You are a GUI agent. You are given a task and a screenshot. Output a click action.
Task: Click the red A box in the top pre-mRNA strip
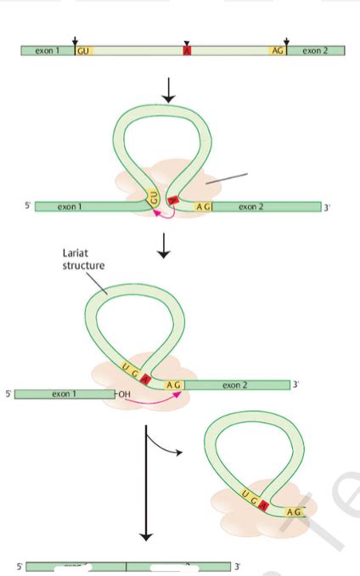188,51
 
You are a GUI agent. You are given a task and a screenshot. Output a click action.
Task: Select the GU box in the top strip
83,51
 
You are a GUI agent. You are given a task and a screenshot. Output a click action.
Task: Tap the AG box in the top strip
277,51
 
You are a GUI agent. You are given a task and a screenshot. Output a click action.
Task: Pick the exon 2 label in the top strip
313,51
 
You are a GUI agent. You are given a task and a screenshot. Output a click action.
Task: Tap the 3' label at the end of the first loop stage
327,207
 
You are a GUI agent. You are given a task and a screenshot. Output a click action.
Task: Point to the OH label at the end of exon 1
124,394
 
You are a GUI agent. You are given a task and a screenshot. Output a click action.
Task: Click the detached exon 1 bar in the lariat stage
63,394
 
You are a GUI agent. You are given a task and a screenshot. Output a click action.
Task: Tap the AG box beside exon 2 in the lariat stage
174,385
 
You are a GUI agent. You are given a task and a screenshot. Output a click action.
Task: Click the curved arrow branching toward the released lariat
166,445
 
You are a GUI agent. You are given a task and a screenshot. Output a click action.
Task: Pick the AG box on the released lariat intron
293,512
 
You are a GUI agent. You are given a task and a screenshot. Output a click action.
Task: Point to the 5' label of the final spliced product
19,566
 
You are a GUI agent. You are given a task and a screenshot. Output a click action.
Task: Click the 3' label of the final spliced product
239,566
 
